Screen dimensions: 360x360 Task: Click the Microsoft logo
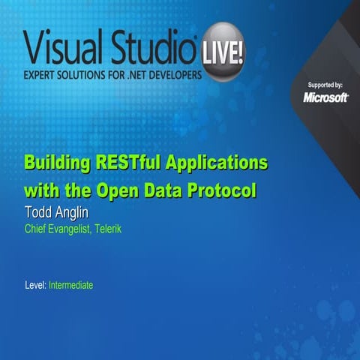tap(325, 97)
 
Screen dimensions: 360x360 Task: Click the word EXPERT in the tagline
tap(43, 78)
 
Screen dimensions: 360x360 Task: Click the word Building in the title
tap(58, 163)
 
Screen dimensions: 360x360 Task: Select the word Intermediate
tap(70, 286)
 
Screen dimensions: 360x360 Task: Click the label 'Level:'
tap(35, 286)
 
